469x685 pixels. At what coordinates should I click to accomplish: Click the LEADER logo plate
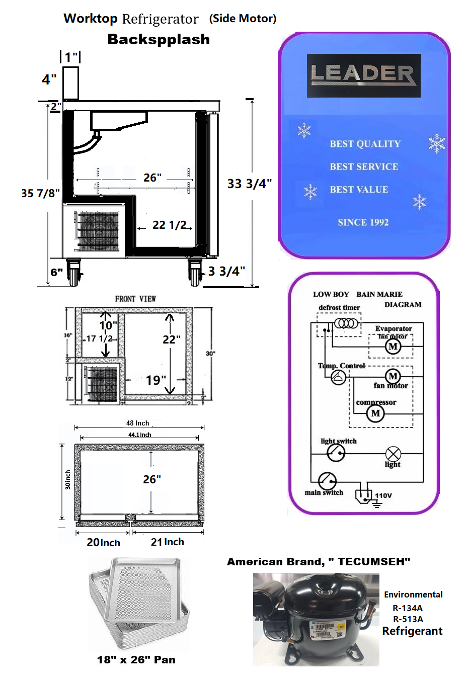(363, 75)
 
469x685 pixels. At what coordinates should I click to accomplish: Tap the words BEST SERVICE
(364, 166)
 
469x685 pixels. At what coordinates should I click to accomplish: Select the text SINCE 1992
(363, 222)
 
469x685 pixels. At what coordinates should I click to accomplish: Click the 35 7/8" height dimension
(40, 193)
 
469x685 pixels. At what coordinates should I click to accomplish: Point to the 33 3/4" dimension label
(249, 184)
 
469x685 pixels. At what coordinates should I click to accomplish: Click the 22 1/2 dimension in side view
(170, 225)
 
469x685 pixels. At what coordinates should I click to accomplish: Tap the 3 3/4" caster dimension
(226, 271)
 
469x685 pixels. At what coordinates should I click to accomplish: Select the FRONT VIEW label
(135, 299)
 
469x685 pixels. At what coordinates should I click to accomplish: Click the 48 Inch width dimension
(138, 423)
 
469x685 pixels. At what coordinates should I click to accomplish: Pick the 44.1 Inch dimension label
(139, 435)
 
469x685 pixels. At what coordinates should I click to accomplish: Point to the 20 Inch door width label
(103, 542)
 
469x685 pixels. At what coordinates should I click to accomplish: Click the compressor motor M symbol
(375, 413)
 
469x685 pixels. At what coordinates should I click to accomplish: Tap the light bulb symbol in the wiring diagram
(393, 453)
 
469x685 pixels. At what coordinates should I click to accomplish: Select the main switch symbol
(327, 480)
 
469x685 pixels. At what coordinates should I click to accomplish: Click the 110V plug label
(383, 495)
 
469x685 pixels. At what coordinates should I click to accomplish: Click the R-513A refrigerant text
(408, 619)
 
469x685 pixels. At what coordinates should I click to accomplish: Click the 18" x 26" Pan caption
(136, 659)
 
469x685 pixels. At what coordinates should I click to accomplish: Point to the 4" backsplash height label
(49, 79)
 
